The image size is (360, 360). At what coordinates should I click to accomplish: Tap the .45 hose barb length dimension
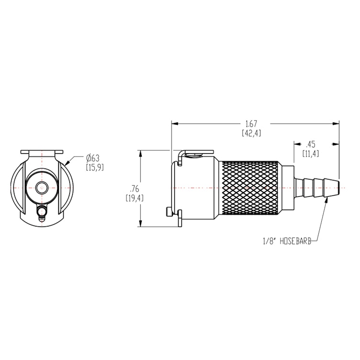coord(311,144)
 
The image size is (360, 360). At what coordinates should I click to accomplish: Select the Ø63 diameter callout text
coord(93,158)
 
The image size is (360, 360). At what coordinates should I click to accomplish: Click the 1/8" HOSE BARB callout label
coord(286,242)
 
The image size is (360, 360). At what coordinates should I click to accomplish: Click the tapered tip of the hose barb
coord(337,188)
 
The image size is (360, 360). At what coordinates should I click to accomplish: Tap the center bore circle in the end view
coord(42,187)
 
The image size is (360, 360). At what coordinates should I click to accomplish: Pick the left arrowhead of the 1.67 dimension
coord(175,124)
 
